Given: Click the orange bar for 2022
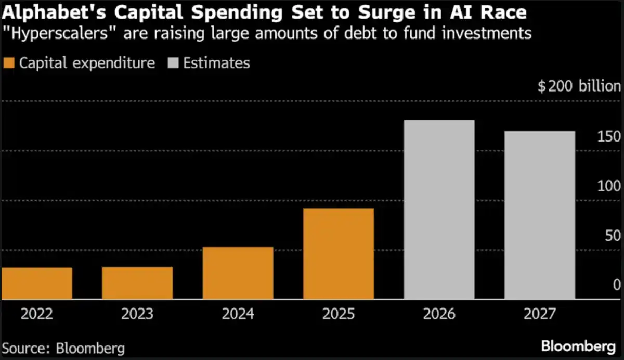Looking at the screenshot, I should click(37, 284).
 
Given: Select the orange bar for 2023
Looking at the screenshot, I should click(137, 283).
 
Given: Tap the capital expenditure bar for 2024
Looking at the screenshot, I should click(238, 273).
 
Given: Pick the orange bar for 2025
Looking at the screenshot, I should click(339, 254).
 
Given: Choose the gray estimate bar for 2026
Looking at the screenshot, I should click(439, 210).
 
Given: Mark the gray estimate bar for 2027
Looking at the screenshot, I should click(540, 215).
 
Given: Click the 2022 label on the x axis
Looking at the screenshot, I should click(37, 314).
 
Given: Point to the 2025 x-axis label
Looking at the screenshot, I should click(339, 314).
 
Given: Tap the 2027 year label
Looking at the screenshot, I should click(540, 314).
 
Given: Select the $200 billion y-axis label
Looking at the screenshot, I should click(579, 86).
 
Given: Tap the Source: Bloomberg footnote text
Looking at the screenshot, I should click(63, 347).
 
